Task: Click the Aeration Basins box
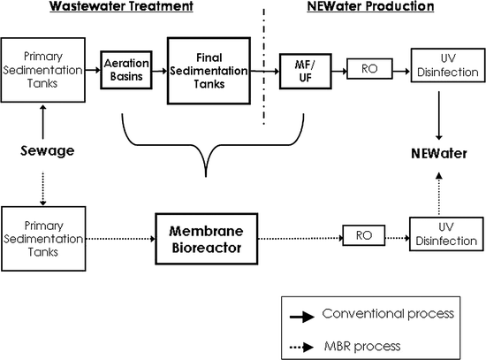(126, 70)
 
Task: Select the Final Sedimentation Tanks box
(209, 71)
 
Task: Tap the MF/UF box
(306, 72)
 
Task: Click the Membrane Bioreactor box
(207, 239)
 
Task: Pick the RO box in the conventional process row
(369, 69)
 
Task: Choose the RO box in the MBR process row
(364, 235)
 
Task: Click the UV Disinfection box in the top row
(448, 65)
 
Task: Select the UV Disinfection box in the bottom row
(446, 234)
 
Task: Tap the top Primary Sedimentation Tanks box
(43, 70)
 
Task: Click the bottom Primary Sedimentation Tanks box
(43, 239)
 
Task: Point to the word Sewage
(48, 151)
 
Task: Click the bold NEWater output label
(439, 153)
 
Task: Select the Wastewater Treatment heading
(122, 6)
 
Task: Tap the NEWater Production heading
(371, 6)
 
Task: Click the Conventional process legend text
(388, 313)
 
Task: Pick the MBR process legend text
(362, 346)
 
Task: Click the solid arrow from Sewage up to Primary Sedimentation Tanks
(43, 122)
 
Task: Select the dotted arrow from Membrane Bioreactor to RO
(300, 238)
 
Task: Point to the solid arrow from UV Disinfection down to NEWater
(439, 116)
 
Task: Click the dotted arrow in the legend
(302, 347)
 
